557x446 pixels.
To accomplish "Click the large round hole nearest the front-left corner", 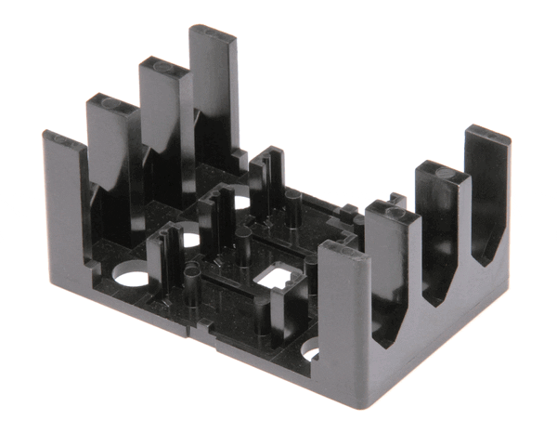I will click(x=131, y=277).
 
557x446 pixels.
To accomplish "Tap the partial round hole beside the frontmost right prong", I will click(x=310, y=352).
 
